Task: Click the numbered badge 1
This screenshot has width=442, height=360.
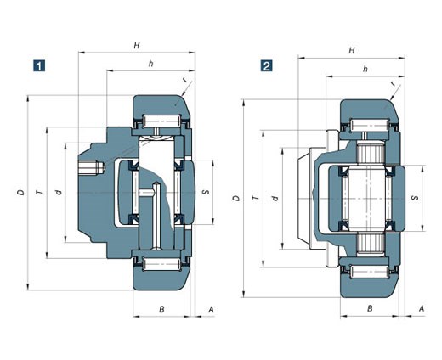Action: [x=39, y=65]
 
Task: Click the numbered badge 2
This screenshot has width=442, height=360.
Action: [x=267, y=66]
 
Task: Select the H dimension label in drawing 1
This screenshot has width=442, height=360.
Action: [x=137, y=45]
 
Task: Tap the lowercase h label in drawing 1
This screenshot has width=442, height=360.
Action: [x=151, y=64]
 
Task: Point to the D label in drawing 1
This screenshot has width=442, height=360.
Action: [x=20, y=193]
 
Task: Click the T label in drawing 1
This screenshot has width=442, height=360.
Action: [x=40, y=193]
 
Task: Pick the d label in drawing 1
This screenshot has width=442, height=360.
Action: [x=59, y=193]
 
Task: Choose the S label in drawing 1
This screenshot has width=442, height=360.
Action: [x=206, y=192]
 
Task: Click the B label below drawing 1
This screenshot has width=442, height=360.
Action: [x=161, y=309]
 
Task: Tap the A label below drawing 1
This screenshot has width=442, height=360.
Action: [x=211, y=309]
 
